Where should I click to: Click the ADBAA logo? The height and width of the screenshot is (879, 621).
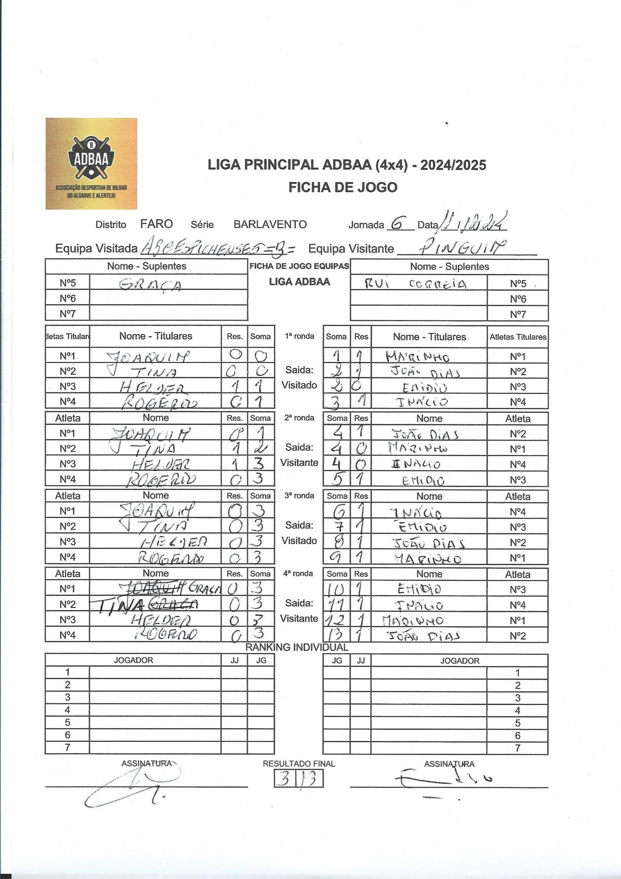point(91,163)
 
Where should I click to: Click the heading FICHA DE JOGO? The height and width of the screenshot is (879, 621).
point(343,187)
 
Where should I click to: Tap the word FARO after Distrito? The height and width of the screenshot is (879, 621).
point(157,224)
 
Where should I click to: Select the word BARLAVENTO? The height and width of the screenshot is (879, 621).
point(270,224)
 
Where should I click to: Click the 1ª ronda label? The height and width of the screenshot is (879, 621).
point(299,336)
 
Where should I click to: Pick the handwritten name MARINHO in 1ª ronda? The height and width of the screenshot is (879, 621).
point(417,356)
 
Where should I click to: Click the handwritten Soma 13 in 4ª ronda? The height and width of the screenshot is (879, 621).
point(336,635)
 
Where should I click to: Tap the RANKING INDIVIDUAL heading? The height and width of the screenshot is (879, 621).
point(297,647)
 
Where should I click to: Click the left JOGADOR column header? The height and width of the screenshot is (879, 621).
point(134,660)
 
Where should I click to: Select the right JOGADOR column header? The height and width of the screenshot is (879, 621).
point(460,661)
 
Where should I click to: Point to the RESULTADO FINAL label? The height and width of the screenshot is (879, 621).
point(299,764)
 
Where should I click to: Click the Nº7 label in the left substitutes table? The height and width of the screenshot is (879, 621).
point(67,314)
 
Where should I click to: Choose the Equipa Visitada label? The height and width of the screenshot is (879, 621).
point(96,249)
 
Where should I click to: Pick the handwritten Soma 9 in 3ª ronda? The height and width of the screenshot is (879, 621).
point(337,557)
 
